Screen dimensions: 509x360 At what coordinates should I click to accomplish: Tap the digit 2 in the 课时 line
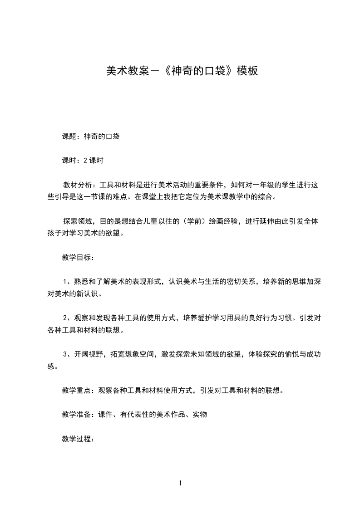[x=85, y=160]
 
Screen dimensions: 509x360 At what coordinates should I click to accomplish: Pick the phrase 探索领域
[x=77, y=221]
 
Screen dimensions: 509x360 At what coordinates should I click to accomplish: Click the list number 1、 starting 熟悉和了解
[x=67, y=282]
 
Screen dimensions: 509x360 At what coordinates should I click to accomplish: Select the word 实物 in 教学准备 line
[x=200, y=414]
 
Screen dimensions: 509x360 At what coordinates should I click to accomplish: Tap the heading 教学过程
[x=76, y=439]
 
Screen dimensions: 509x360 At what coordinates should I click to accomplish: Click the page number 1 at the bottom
[x=180, y=483]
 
